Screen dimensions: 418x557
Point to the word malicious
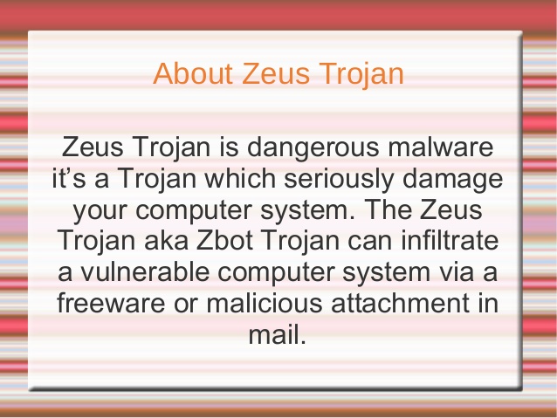click(x=273, y=305)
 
